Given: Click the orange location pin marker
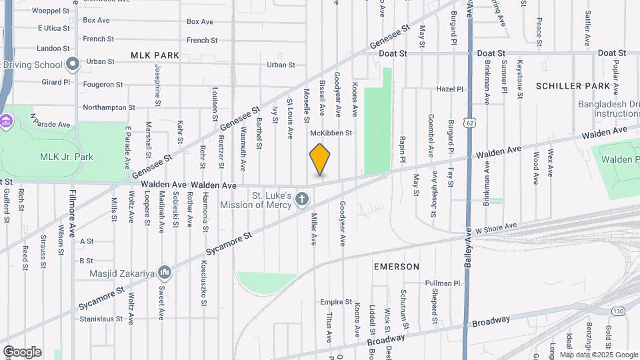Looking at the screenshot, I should (320, 160).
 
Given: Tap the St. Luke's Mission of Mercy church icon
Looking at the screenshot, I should (302, 199).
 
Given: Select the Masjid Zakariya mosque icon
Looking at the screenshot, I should (165, 273).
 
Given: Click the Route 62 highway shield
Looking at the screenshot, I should (471, 123).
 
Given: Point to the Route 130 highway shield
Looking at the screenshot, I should (618, 311).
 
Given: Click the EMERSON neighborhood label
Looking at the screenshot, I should (396, 267).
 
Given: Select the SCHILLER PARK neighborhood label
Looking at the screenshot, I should (573, 86).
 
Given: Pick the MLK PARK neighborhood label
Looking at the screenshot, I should (155, 55).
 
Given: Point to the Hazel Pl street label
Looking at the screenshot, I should (449, 89).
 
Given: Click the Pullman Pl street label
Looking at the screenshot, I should (443, 283).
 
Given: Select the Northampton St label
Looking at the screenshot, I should (109, 107).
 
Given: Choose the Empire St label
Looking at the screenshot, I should (335, 302).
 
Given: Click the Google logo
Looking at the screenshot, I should (22, 351).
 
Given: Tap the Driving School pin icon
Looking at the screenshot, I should (73, 65).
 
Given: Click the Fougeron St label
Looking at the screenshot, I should (103, 85).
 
